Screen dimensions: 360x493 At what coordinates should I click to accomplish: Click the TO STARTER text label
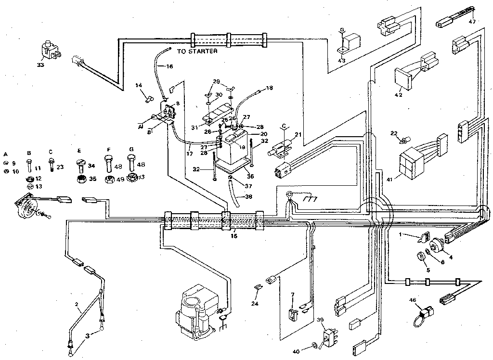click(197, 51)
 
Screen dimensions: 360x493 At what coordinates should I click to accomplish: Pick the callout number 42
click(398, 95)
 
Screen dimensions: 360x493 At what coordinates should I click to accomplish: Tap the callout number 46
click(413, 300)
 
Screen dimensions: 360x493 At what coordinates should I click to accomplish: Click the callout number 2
click(76, 304)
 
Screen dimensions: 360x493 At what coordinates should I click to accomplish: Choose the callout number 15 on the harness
click(234, 236)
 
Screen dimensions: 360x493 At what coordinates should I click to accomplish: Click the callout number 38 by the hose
click(248, 196)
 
